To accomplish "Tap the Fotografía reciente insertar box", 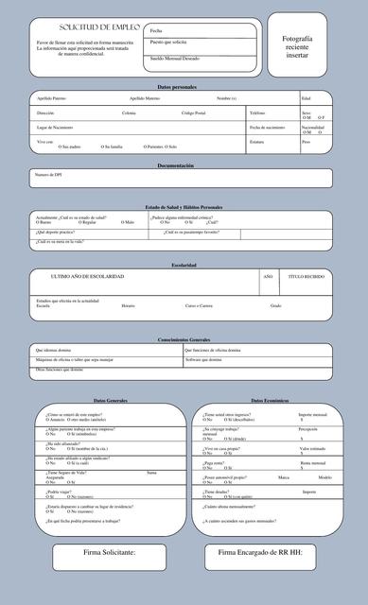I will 296,46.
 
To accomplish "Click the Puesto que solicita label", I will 168,43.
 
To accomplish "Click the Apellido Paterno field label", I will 51,98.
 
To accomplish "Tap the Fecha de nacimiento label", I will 267,127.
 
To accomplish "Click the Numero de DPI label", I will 48,175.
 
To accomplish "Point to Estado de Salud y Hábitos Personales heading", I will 184,207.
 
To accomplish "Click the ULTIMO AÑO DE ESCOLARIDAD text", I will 87,276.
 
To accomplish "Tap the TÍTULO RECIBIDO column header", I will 307,276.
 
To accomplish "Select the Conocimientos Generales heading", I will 184,339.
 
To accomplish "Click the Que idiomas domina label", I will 53,350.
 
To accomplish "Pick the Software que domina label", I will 203,360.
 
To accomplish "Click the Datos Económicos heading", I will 269,401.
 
